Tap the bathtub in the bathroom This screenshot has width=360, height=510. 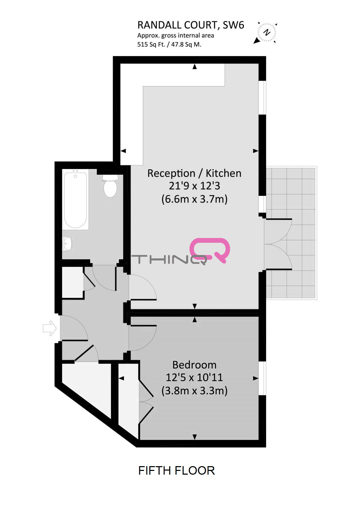click(76, 200)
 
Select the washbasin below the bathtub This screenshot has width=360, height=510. click(67, 244)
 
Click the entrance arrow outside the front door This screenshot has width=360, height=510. click(50, 328)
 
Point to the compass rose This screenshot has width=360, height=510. click(266, 33)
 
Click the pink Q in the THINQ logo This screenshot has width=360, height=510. click(210, 250)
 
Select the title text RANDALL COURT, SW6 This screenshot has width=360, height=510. click(191, 25)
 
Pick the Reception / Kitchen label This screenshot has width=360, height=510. click(194, 173)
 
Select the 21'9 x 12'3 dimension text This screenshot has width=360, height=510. click(194, 186)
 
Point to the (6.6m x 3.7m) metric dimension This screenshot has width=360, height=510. click(194, 199)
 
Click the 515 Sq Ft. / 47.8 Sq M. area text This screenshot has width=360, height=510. click(169, 45)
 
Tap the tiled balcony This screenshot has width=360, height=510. click(292, 233)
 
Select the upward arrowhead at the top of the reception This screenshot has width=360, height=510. click(195, 67)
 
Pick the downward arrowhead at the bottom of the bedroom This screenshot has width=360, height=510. click(195, 437)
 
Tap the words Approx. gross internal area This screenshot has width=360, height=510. click(176, 35)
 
